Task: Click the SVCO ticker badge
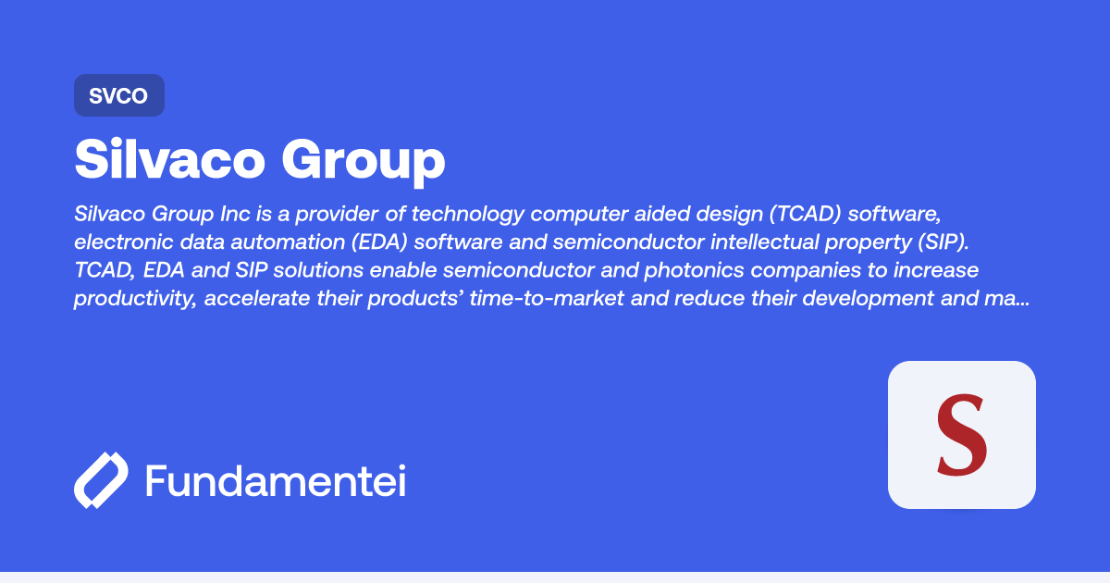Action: pyautogui.click(x=119, y=95)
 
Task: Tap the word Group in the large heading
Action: pyautogui.click(x=364, y=162)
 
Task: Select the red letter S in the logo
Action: pyautogui.click(x=961, y=435)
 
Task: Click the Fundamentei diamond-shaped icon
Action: pyautogui.click(x=101, y=480)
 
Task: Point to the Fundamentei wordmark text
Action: pyautogui.click(x=276, y=480)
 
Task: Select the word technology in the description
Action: pyautogui.click(x=467, y=214)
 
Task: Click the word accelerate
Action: pyautogui.click(x=257, y=298)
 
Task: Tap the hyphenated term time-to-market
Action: pyautogui.click(x=546, y=298)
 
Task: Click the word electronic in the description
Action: pyautogui.click(x=124, y=242)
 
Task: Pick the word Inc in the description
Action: pyautogui.click(x=235, y=214)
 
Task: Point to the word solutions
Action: pyautogui.click(x=318, y=270)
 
